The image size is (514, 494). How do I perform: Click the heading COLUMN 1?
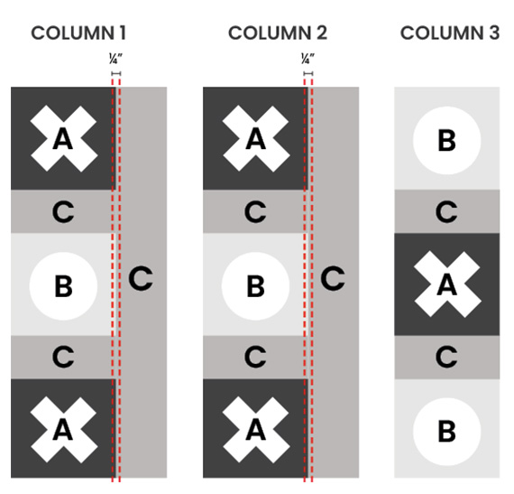78,33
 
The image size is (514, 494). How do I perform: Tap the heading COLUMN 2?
278,33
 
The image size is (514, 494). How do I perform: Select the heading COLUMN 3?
450,33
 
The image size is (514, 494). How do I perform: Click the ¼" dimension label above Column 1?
115,59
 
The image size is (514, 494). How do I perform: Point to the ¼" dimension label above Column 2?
307,59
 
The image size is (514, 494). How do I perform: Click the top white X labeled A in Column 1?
64,138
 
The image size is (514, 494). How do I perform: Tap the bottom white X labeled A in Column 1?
64,430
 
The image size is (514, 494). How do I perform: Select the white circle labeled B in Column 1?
63,286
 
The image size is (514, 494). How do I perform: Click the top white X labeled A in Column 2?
256,138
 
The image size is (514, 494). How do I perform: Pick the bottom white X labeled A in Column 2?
256,430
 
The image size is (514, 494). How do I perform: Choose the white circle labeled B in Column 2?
255,286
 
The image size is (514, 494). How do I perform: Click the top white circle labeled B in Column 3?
446,141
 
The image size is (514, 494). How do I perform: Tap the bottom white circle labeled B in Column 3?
446,432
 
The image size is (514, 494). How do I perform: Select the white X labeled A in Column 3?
447,284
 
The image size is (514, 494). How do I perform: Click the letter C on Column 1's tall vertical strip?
141,278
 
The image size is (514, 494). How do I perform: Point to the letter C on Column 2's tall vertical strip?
333,278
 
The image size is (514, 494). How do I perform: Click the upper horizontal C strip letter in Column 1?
63,211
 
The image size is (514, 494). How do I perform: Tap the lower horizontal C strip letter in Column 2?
255,357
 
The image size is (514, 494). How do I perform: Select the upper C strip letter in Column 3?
446,211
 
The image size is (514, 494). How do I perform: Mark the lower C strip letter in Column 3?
446,357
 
